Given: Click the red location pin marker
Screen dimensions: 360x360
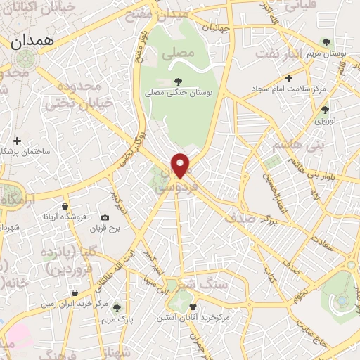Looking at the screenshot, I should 181,165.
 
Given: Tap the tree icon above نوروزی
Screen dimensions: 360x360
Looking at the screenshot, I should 324,109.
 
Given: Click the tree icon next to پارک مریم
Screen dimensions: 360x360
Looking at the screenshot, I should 117,307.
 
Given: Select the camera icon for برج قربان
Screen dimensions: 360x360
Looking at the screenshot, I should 105,218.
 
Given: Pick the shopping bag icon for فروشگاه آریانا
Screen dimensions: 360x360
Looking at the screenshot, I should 65,207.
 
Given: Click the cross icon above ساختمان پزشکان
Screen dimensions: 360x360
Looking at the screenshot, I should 18,141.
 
